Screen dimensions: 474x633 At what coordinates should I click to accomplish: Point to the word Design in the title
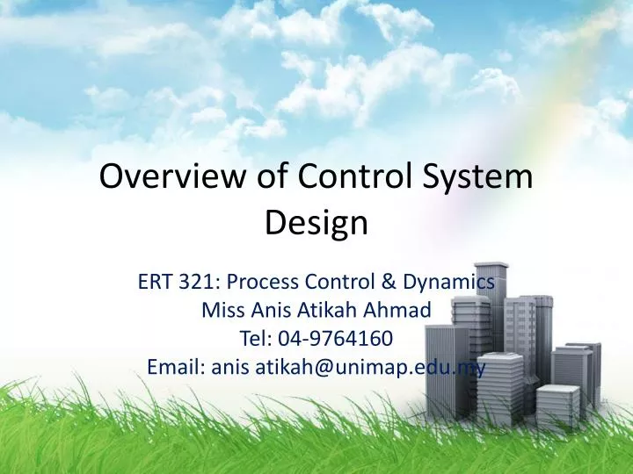(316, 224)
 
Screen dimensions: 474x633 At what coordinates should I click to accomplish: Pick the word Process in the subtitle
(263, 282)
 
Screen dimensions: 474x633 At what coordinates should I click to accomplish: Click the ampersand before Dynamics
(388, 282)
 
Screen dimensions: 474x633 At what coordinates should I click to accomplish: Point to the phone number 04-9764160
(333, 339)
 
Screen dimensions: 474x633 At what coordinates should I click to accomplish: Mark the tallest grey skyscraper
(491, 307)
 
